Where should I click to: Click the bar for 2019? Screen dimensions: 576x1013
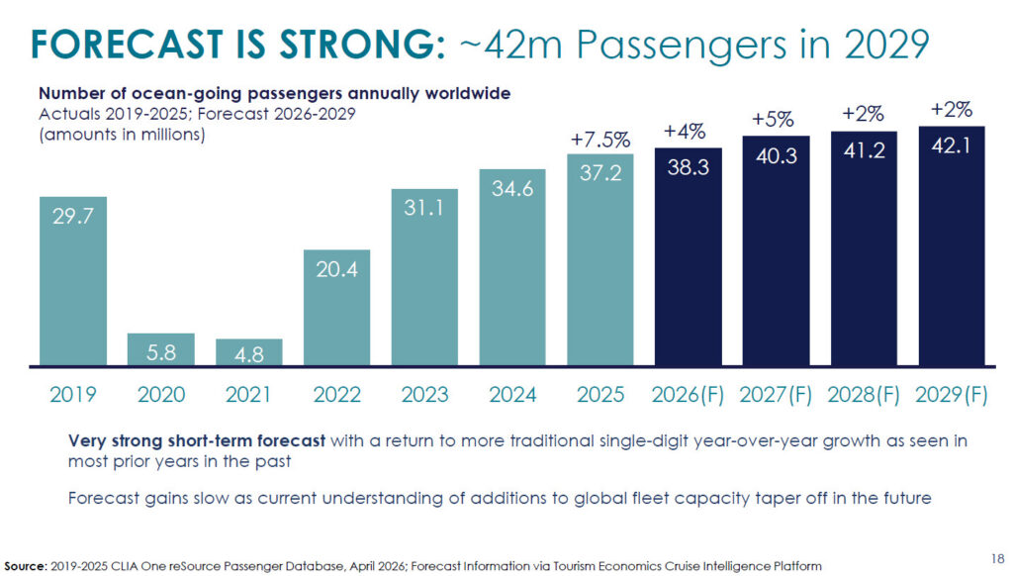(x=73, y=281)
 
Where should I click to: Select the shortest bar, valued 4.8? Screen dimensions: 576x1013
(x=248, y=352)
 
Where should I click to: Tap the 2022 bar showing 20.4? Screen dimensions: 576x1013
(x=336, y=308)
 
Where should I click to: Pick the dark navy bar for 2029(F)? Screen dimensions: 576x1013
(x=952, y=246)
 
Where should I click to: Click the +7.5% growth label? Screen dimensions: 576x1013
(x=600, y=140)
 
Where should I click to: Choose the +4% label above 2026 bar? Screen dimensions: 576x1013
(x=688, y=131)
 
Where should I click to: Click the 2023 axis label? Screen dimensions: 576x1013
(x=423, y=395)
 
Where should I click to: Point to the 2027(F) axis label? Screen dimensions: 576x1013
(x=776, y=395)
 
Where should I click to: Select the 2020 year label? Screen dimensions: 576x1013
(x=160, y=395)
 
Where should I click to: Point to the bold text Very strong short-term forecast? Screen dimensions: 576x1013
(x=197, y=441)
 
